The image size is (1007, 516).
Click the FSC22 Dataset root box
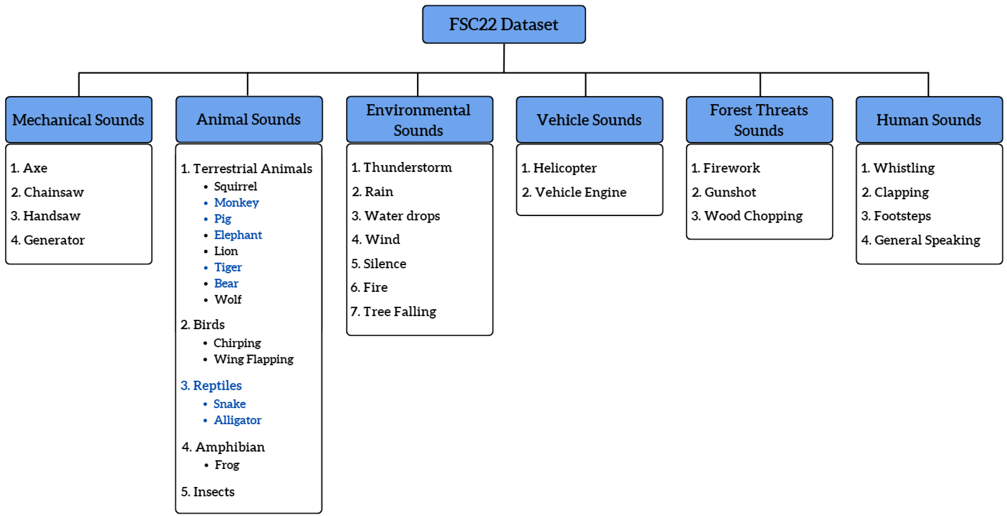(503, 24)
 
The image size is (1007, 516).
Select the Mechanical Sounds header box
(79, 120)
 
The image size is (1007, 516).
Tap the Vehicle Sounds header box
(589, 120)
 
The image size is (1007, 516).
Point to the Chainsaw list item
(53, 192)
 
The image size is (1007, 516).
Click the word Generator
(54, 240)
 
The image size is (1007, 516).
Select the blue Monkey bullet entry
(236, 202)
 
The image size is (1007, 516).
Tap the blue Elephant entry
(238, 235)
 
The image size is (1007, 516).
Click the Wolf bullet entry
(228, 299)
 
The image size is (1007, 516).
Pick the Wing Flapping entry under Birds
(253, 359)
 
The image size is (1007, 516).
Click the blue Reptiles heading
(217, 385)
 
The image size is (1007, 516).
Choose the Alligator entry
(237, 420)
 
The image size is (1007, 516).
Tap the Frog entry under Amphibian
(227, 465)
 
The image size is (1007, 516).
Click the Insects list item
(214, 492)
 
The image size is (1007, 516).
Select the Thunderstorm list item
(407, 168)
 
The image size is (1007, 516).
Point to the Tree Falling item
(399, 311)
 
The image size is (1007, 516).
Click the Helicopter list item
(565, 168)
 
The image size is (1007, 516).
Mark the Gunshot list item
(730, 192)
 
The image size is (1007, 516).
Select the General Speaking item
(927, 240)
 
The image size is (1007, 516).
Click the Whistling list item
(904, 168)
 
